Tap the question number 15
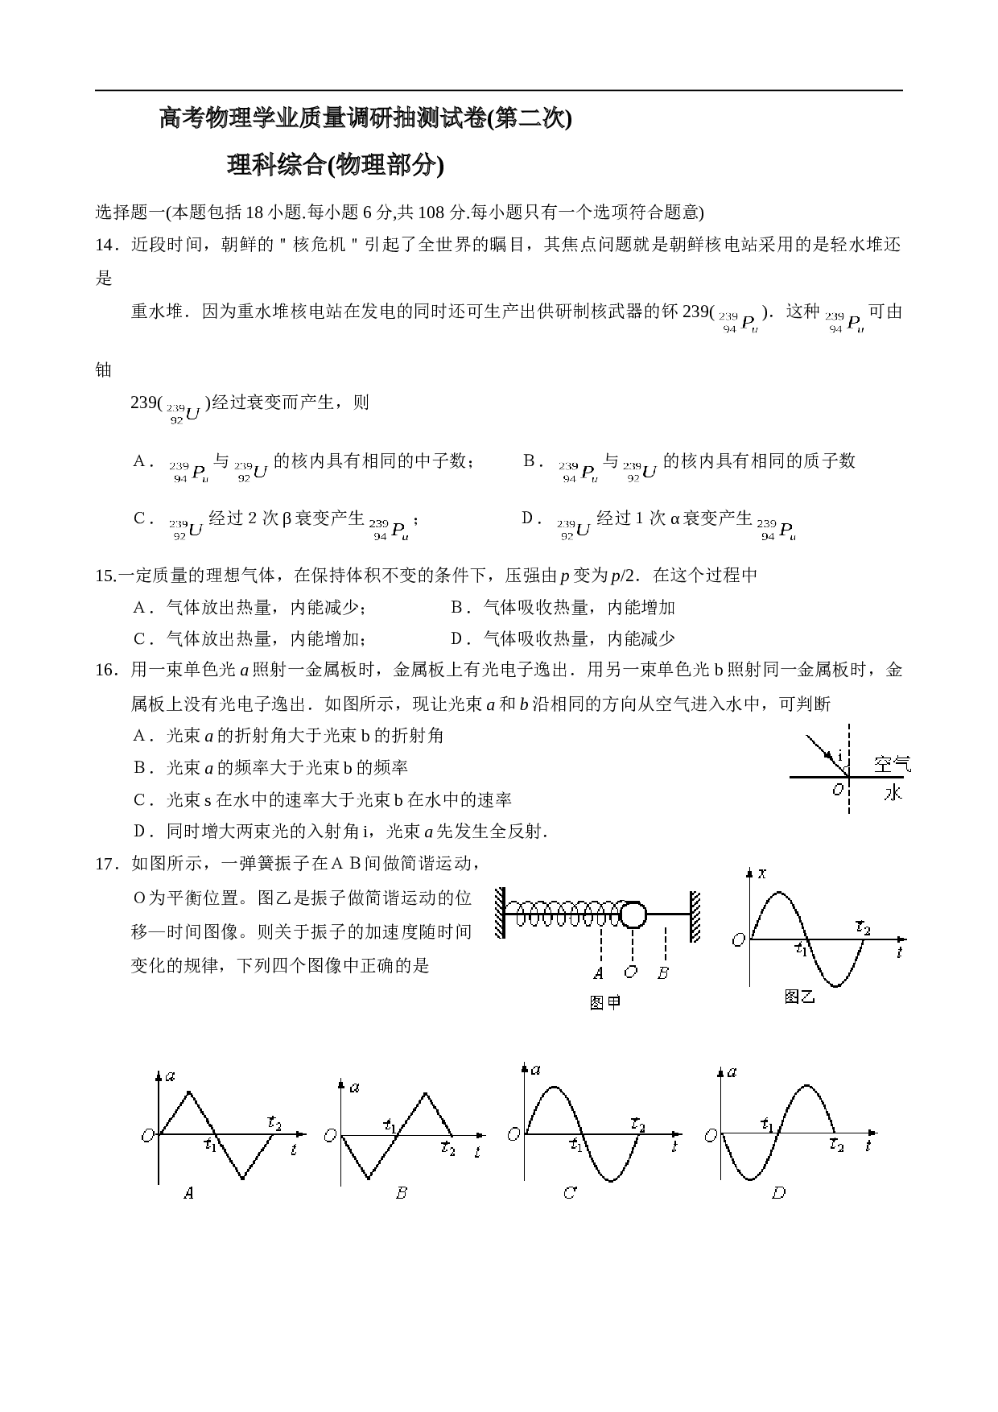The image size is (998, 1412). [x=105, y=576]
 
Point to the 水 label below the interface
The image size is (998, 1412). [x=893, y=792]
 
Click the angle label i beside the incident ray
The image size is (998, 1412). [x=840, y=756]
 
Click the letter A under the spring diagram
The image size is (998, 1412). [x=598, y=973]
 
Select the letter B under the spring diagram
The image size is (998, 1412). [x=663, y=973]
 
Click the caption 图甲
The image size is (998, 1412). [x=605, y=1003]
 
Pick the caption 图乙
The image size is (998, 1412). [x=800, y=997]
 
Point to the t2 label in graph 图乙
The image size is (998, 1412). [x=863, y=927]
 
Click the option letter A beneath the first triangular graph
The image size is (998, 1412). [x=188, y=1193]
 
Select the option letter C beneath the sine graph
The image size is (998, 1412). [x=570, y=1193]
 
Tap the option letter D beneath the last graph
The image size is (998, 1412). [x=778, y=1193]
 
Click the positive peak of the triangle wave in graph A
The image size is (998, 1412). [x=188, y=1092]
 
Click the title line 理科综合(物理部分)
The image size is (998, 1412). [x=336, y=165]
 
